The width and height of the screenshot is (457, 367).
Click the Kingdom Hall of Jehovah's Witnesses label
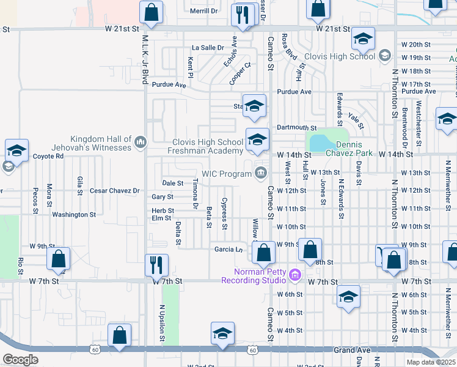101,143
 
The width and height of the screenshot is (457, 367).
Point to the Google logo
20,360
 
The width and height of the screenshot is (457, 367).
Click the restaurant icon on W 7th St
156,265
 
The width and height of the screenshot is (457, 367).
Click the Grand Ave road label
353,350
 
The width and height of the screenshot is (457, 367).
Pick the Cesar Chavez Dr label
115,191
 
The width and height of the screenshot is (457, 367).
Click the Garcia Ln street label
228,249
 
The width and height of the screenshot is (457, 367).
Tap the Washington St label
74,215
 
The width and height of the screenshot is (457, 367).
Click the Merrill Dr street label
203,11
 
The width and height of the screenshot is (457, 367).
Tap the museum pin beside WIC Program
261,174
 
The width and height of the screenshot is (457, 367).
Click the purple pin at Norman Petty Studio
296,276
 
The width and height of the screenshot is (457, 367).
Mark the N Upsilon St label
163,324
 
